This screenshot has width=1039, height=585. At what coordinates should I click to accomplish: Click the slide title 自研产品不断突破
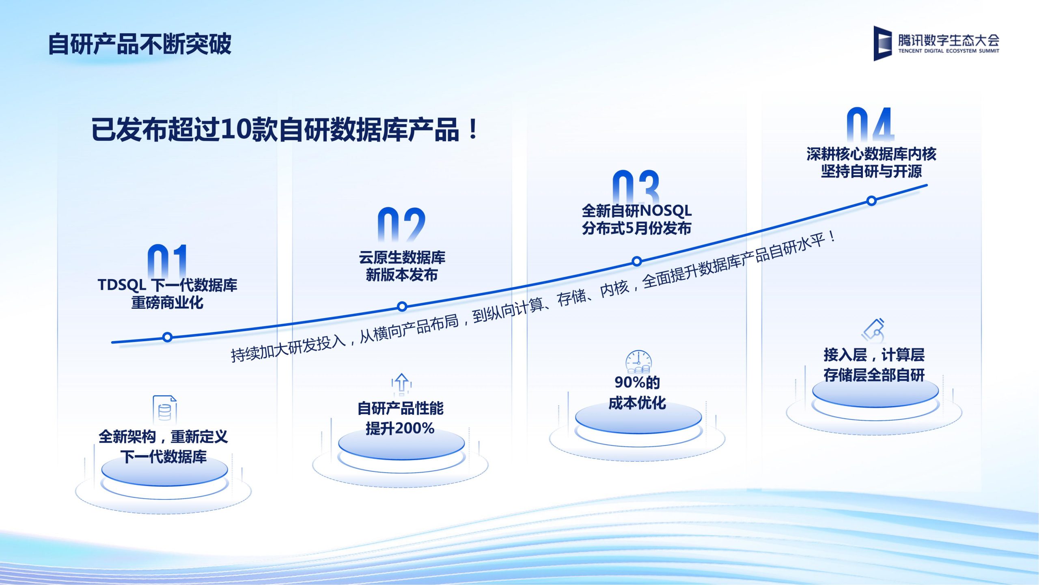point(140,44)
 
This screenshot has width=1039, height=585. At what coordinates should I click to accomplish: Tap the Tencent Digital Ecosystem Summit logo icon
point(882,43)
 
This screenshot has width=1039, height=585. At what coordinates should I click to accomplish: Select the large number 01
point(167,261)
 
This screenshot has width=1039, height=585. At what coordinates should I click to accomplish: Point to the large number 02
point(401,224)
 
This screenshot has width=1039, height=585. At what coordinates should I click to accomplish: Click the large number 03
point(636,187)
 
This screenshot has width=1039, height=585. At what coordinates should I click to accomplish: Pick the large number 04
point(871,124)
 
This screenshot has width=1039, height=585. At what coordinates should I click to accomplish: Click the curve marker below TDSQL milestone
point(167,337)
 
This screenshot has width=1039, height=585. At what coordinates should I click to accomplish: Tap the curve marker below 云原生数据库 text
point(402,306)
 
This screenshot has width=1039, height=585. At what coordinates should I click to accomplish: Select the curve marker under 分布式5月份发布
point(637,261)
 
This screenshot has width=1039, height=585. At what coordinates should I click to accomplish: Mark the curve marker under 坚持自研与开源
point(871,200)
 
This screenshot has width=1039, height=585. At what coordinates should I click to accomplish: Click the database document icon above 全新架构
point(165,409)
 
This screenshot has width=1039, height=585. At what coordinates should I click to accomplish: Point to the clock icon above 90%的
point(638,361)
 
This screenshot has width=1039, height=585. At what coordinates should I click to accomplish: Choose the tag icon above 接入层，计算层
point(873,330)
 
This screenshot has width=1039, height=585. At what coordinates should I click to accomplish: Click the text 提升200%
point(400,428)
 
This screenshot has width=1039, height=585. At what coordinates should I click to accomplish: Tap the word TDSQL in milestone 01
point(122,285)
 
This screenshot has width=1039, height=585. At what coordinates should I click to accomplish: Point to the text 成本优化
point(637,403)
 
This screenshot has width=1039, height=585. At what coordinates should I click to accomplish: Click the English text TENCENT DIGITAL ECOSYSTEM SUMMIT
point(948,51)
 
